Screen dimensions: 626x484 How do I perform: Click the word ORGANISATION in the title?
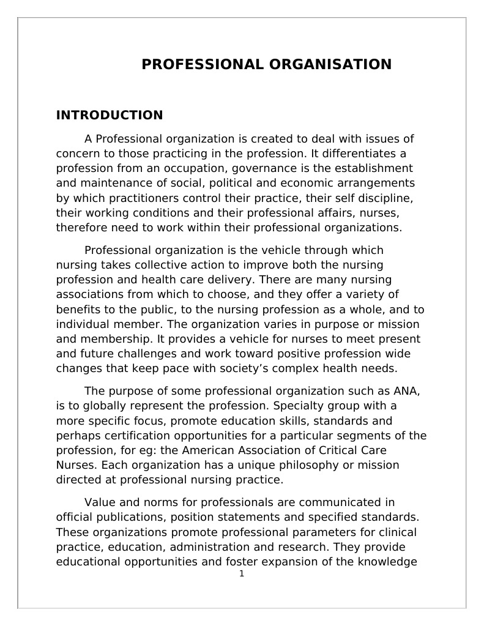click(328, 64)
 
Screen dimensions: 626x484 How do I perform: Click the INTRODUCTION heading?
click(110, 115)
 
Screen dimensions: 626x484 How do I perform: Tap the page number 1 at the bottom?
click(242, 573)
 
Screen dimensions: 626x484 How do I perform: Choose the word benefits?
click(78, 310)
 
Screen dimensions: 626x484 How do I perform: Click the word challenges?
click(146, 354)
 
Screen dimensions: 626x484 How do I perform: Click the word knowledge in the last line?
click(386, 562)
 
